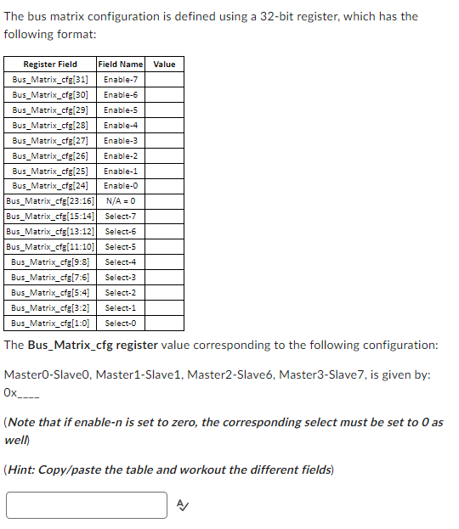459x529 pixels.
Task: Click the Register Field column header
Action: pyautogui.click(x=50, y=65)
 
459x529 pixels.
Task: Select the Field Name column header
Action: pyautogui.click(x=121, y=65)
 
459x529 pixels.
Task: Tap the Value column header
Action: pyautogui.click(x=165, y=65)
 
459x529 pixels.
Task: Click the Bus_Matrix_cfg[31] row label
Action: pyautogui.click(x=50, y=79)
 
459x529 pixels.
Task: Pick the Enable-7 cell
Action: pyautogui.click(x=121, y=79)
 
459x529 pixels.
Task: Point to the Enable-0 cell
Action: pyautogui.click(x=121, y=186)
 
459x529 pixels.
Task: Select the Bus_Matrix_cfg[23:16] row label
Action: pyautogui.click(x=50, y=201)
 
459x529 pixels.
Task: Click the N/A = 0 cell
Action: pyautogui.click(x=121, y=201)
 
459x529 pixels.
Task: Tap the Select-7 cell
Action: pyautogui.click(x=121, y=217)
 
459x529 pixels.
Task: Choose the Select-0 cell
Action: pyautogui.click(x=121, y=324)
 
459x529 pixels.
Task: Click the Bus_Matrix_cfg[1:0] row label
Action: pyautogui.click(x=50, y=324)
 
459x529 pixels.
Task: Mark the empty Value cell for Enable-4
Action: pyautogui.click(x=165, y=125)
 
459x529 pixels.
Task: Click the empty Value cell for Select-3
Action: pyautogui.click(x=165, y=278)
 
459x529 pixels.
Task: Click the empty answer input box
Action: pyautogui.click(x=87, y=505)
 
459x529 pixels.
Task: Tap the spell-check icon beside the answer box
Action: pyautogui.click(x=181, y=506)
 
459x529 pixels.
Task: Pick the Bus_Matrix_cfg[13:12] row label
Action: pyautogui.click(x=50, y=232)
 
